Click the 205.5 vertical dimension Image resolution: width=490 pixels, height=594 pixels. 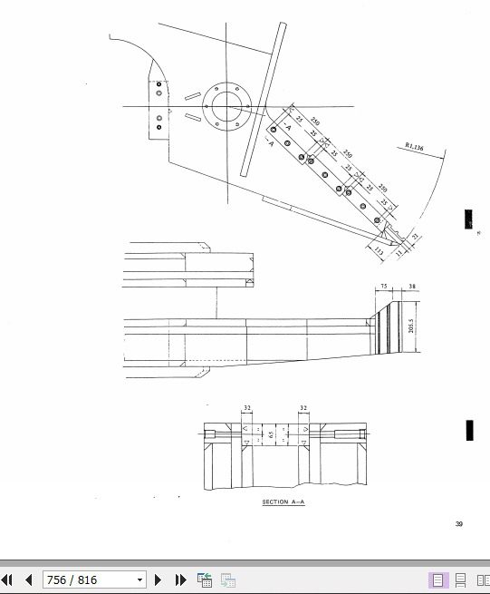(411, 324)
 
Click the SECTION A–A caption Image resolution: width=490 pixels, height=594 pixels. (283, 501)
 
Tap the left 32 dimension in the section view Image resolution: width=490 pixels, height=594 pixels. (246, 409)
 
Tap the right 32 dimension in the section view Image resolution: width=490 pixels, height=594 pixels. (303, 409)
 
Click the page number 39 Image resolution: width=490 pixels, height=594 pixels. (459, 523)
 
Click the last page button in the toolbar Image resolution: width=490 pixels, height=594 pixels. (180, 579)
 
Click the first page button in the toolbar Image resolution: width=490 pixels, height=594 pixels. (7, 579)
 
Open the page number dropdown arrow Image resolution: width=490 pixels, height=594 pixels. (139, 579)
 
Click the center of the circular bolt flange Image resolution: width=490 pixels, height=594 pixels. (221, 106)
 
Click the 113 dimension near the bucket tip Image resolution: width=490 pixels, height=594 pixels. (378, 248)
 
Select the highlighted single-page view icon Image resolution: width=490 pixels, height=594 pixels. (437, 579)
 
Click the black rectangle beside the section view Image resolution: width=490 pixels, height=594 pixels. (469, 430)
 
